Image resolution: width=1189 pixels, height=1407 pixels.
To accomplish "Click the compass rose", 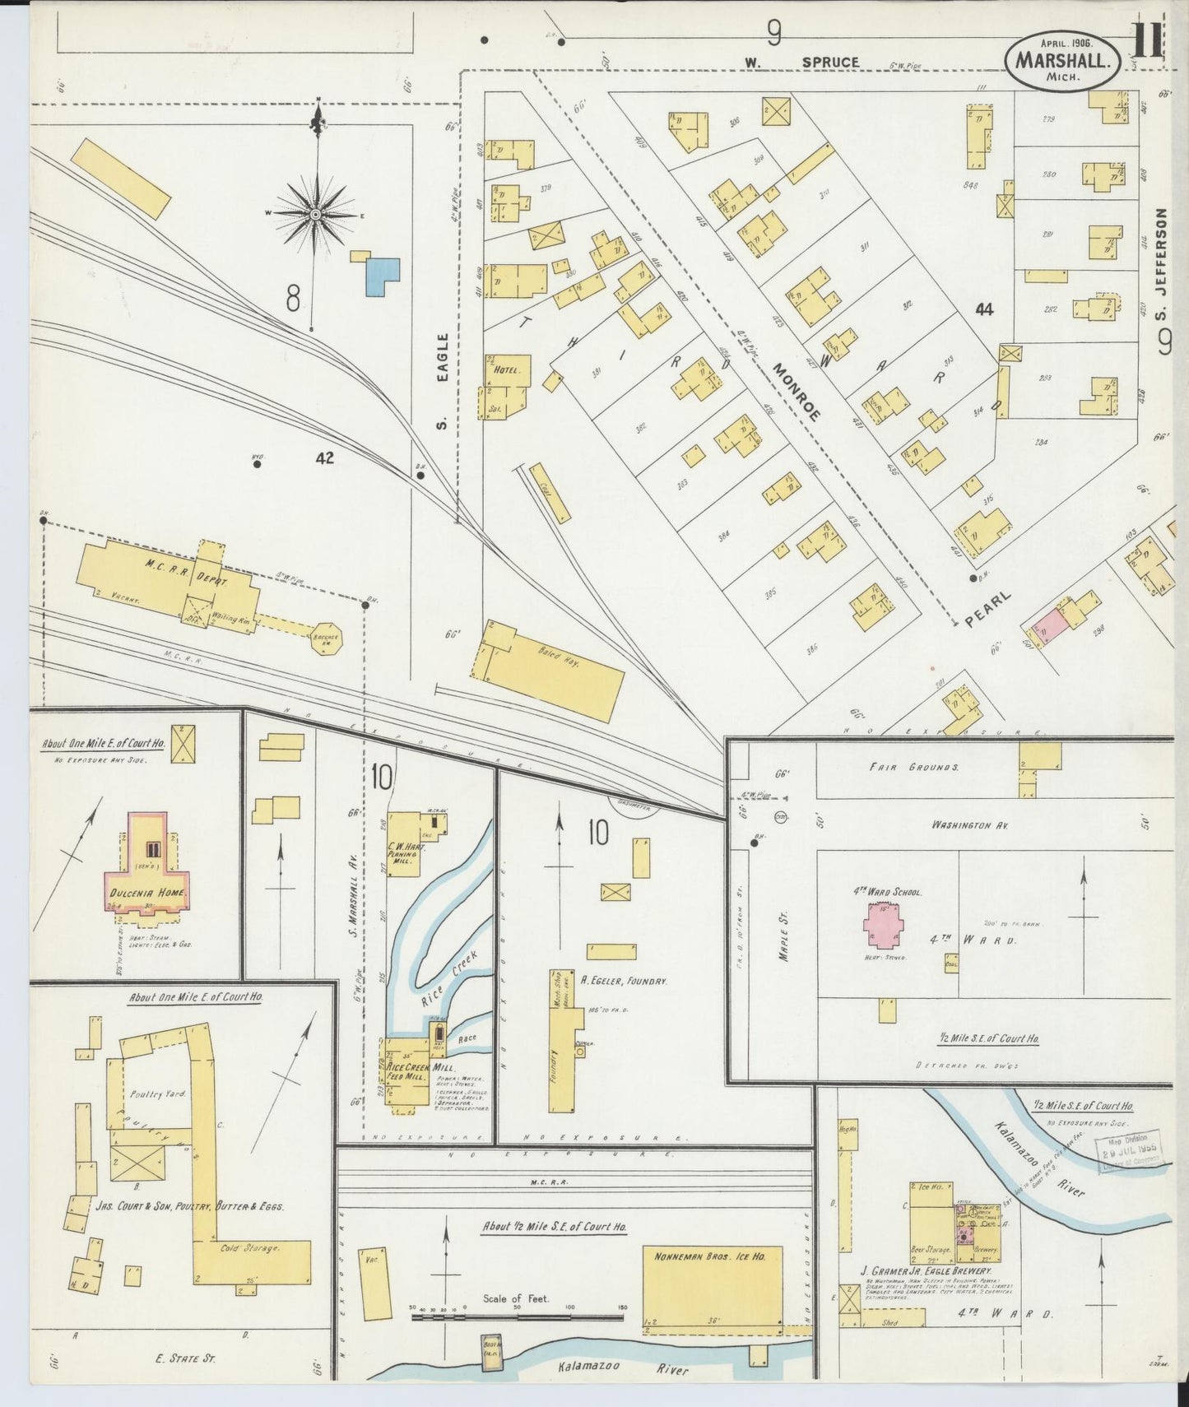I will coord(316,215).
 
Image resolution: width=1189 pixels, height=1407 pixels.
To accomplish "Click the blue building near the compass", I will coord(383,276).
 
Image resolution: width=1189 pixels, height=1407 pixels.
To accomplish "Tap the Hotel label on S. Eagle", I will coord(505,371).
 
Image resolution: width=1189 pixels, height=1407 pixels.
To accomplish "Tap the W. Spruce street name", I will coord(801,63).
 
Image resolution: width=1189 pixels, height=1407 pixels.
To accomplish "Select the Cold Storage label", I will coord(250,1247).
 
